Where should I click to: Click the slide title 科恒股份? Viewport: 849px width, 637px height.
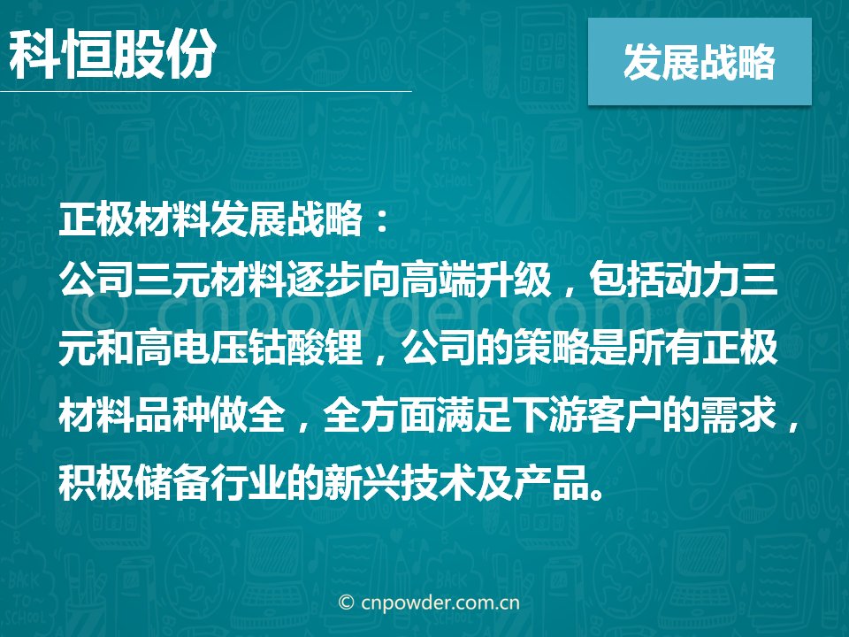(112, 54)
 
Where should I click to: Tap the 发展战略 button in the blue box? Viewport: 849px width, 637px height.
(700, 62)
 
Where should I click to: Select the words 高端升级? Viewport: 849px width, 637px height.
(476, 280)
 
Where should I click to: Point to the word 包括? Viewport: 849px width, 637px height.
(627, 280)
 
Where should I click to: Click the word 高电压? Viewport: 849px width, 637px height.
(192, 347)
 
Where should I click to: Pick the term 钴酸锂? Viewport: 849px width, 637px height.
(306, 347)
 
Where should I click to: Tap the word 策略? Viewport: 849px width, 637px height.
(552, 347)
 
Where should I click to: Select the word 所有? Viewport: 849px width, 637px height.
(665, 347)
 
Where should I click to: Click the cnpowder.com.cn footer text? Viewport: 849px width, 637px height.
(428, 602)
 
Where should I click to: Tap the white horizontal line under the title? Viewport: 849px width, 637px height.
(206, 91)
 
